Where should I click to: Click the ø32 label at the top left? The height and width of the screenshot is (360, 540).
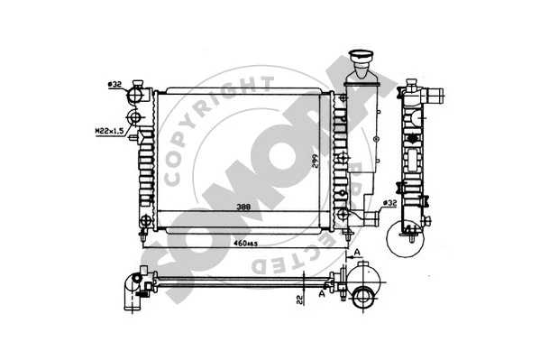tap(114, 85)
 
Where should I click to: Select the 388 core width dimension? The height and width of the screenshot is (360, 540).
tap(243, 207)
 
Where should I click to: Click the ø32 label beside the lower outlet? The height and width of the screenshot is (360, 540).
tap(389, 202)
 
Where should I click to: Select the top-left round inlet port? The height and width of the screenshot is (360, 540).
tap(137, 91)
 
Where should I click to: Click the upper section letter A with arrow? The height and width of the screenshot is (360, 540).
tap(357, 254)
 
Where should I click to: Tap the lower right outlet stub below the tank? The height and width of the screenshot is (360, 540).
tap(365, 218)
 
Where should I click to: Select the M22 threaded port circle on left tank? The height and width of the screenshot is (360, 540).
tap(137, 118)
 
